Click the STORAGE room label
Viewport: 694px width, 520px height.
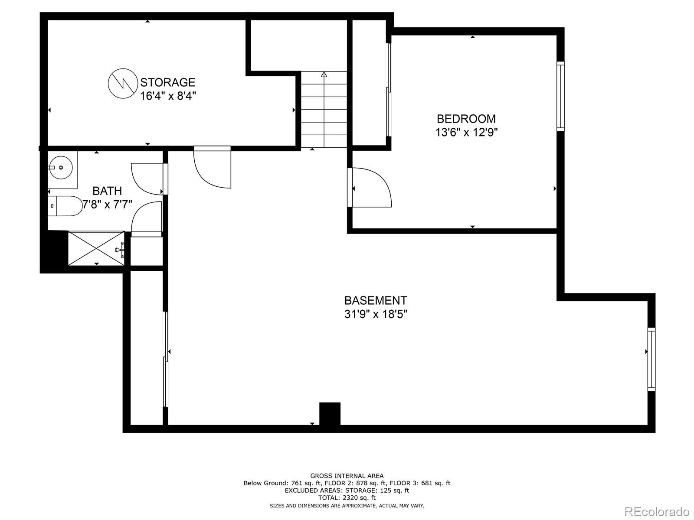[167, 82]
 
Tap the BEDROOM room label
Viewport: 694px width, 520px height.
[466, 119]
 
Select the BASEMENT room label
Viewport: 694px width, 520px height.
[376, 300]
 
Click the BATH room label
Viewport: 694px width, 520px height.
[107, 191]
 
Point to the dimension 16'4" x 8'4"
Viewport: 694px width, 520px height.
[168, 96]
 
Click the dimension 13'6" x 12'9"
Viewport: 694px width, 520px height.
[466, 132]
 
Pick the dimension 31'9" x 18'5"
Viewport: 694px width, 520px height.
[376, 314]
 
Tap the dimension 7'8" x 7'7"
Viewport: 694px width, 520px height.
[107, 204]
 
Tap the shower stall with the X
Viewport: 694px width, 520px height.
[96, 248]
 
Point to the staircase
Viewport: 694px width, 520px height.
[324, 109]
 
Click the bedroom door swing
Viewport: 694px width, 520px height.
[371, 187]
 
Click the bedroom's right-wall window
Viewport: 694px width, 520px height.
[560, 96]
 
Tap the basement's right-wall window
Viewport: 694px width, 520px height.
[651, 360]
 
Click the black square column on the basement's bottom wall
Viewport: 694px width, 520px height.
[330, 414]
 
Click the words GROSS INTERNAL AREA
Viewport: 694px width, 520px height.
[347, 476]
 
